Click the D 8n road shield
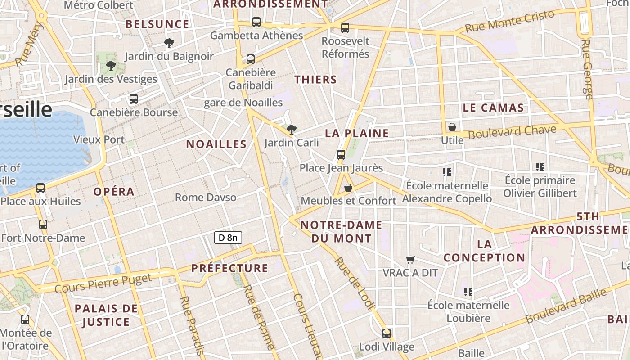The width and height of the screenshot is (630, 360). point(228,238)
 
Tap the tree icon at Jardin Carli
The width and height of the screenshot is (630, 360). point(292,130)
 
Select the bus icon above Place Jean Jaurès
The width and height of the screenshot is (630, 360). point(341,155)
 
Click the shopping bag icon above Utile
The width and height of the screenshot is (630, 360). point(452,127)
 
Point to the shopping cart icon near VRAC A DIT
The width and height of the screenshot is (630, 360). point(410,260)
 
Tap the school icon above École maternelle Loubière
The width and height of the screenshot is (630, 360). point(468,292)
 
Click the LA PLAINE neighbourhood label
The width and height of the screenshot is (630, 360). point(357,133)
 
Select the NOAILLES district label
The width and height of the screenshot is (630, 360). point(216,144)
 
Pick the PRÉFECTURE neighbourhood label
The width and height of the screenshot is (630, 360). point(229,268)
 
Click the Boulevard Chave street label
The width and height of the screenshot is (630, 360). point(512,132)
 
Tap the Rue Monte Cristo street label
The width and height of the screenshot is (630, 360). point(509,21)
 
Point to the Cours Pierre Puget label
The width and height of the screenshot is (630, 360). point(103,283)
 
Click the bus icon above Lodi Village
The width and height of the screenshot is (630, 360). point(387,333)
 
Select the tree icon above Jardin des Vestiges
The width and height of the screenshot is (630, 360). point(111,66)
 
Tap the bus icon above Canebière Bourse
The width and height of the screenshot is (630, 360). point(134,99)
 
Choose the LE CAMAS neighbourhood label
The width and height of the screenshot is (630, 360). point(493,108)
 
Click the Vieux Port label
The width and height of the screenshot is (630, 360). point(99,139)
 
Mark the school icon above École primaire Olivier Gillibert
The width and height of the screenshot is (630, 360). point(540,167)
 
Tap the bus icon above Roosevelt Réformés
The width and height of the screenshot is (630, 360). point(345,28)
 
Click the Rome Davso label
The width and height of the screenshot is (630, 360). point(206,198)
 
